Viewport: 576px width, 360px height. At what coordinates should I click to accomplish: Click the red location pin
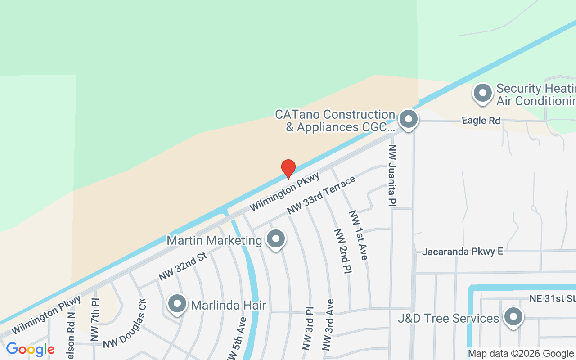288,168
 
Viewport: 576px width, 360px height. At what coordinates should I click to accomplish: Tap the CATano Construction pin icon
409,120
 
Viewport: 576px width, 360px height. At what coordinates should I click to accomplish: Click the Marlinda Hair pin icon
177,304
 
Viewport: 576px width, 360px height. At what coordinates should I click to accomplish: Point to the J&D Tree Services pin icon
513,317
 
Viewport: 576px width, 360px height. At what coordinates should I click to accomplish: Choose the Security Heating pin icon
483,93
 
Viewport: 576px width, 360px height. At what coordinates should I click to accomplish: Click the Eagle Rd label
481,121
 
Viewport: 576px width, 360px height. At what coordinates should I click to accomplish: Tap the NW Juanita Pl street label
392,175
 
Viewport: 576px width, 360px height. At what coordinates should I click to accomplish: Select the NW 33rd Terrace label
321,195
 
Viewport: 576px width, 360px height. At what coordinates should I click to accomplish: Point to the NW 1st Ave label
359,234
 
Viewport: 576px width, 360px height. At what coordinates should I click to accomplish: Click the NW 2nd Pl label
342,251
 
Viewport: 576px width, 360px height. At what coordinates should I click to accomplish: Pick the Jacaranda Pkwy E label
462,252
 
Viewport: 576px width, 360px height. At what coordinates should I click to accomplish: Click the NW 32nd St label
182,266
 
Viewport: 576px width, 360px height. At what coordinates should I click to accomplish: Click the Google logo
30,349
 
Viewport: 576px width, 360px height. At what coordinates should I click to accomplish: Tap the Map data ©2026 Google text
521,354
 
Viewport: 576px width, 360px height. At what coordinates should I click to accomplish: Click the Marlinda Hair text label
229,305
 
